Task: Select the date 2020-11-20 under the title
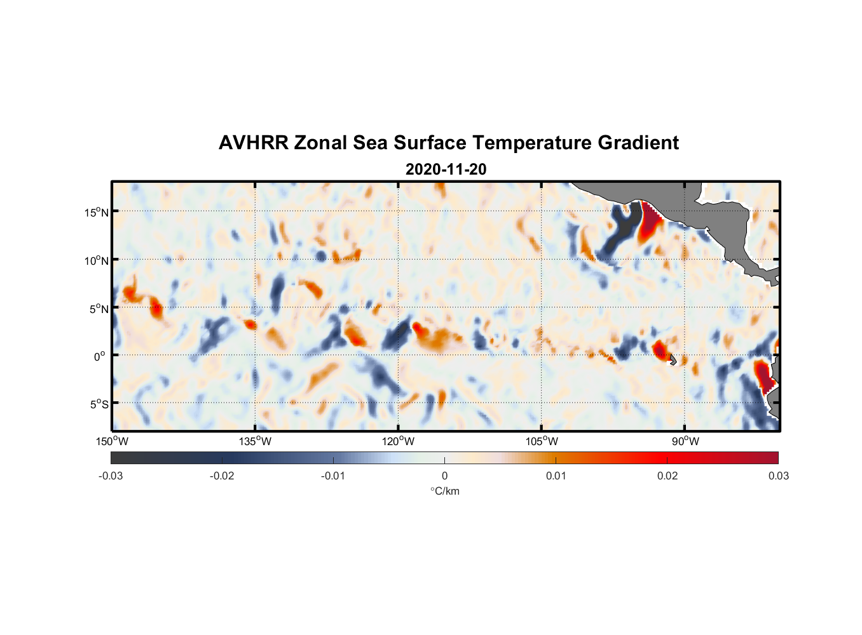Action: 446,170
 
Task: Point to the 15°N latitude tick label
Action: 96,212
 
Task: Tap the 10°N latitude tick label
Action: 96,260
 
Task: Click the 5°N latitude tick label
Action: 98,309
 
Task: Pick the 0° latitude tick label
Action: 100,357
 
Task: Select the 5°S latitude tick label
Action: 98,404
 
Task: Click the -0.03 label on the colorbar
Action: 111,476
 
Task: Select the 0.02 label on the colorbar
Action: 667,476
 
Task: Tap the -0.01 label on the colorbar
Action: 333,476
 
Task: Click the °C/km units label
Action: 445,491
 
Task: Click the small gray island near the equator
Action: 672,359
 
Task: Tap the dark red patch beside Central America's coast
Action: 649,220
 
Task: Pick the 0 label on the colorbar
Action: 444,476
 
